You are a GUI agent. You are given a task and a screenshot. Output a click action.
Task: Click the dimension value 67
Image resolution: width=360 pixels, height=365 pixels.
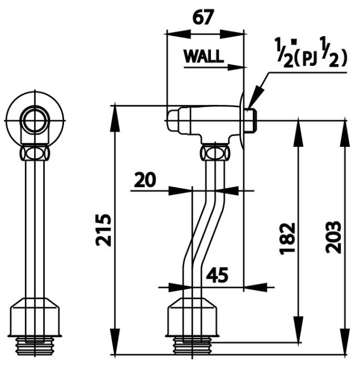[202, 18]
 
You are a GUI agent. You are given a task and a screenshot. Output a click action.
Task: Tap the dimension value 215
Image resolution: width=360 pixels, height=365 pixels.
[103, 230]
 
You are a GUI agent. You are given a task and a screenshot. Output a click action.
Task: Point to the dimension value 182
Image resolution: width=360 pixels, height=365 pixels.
[288, 238]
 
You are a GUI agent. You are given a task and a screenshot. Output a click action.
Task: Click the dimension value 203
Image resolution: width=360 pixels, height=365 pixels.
[334, 236]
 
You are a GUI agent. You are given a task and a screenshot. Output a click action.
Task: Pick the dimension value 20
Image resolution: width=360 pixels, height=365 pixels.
[145, 180]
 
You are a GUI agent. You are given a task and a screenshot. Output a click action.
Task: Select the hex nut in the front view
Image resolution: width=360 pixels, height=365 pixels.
[35, 153]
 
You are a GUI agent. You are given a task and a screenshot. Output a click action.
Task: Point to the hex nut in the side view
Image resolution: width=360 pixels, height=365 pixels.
[216, 152]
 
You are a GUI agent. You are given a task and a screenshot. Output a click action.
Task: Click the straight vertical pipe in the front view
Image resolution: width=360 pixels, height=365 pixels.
[35, 227]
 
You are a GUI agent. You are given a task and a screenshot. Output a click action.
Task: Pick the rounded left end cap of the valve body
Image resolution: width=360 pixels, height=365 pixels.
[172, 120]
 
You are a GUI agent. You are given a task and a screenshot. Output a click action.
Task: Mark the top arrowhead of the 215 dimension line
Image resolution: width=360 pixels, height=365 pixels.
[116, 111]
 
